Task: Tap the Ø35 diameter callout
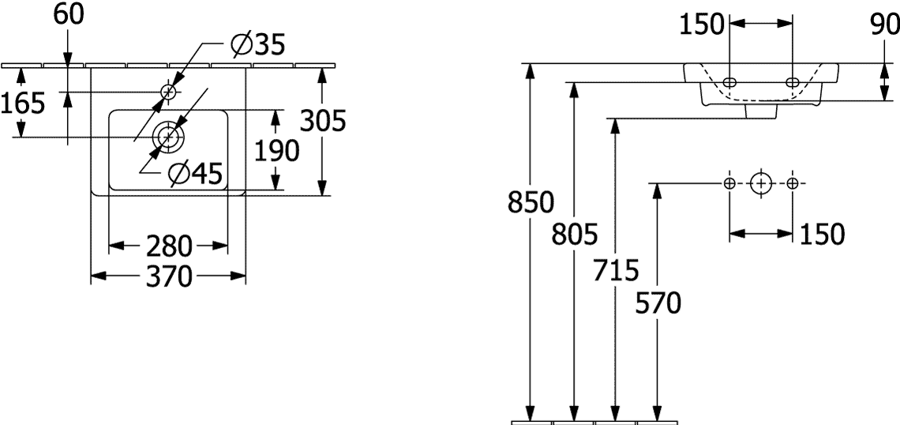[x=257, y=44]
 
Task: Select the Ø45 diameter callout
[x=195, y=173]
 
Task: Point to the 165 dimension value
[x=22, y=103]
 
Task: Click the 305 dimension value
[x=324, y=121]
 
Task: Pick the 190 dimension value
[x=276, y=150]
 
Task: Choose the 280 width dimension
[x=168, y=246]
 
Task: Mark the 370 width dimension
[x=168, y=276]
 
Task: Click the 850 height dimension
[x=531, y=202]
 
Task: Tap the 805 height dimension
[x=575, y=234]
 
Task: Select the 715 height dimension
[x=616, y=270]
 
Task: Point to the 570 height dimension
[x=658, y=303]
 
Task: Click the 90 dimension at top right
[x=884, y=24]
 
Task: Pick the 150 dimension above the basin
[x=702, y=24]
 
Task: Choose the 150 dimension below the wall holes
[x=822, y=235]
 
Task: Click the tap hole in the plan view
[x=169, y=92]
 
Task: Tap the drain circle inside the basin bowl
[x=168, y=137]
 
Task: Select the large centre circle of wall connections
[x=761, y=184]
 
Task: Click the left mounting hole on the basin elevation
[x=729, y=82]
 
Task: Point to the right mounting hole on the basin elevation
[x=793, y=82]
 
